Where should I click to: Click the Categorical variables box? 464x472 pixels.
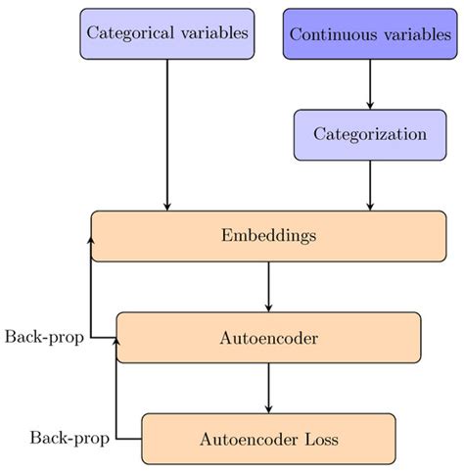pyautogui.click(x=167, y=33)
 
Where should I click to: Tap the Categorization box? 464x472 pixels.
pyautogui.click(x=370, y=134)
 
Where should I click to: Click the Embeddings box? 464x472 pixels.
pyautogui.click(x=268, y=236)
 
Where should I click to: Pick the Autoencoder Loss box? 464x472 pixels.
pyautogui.click(x=268, y=438)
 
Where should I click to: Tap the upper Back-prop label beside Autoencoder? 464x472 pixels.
pyautogui.click(x=43, y=337)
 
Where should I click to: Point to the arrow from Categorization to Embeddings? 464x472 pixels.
pyautogui.click(x=370, y=185)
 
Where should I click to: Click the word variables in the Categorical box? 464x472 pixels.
pyautogui.click(x=214, y=33)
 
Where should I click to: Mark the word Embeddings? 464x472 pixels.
pyautogui.click(x=268, y=236)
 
